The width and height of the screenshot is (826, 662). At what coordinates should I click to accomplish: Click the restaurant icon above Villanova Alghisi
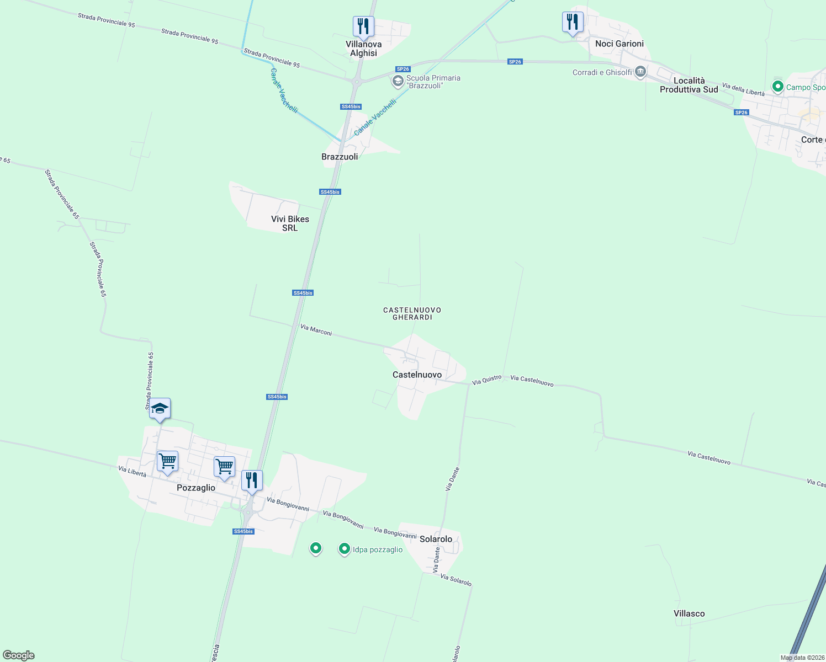pos(363,26)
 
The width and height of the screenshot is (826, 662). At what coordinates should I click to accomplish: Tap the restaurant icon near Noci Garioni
pos(573,22)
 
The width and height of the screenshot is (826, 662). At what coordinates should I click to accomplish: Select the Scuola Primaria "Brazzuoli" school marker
pos(398,82)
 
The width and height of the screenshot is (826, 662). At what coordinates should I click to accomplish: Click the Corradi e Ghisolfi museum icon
pos(640,72)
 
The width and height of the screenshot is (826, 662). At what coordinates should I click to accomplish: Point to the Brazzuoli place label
pos(340,157)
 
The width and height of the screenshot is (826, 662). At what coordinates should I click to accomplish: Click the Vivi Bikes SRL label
pos(290,223)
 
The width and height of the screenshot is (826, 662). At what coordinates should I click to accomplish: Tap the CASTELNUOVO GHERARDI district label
pos(412,313)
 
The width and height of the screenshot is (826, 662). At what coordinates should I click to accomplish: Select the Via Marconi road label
pos(316,330)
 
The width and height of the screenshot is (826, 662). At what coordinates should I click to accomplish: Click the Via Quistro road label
pos(486,380)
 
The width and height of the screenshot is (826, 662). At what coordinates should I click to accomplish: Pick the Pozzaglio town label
pos(196,488)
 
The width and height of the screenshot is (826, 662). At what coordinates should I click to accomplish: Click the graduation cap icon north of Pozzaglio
pos(160,409)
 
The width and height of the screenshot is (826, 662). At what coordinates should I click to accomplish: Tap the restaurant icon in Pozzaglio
pos(252,481)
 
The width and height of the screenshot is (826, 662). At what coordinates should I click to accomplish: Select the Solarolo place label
pos(436,539)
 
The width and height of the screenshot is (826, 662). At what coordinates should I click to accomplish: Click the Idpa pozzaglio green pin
pos(345,549)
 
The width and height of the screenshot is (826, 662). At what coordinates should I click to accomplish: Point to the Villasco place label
pos(689,613)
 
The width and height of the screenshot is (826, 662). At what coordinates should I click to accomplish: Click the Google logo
pos(19,655)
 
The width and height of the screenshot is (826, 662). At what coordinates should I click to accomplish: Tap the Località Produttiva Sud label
pos(689,85)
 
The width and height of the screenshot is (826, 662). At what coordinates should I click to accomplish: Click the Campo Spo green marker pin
pos(778,87)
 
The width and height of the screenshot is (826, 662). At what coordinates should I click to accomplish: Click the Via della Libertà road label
pos(743,90)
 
